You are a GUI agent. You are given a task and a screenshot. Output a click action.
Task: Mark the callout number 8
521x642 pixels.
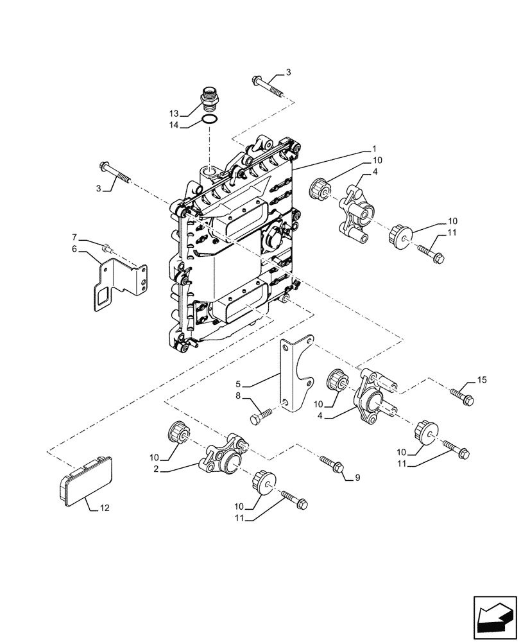[x=238, y=397]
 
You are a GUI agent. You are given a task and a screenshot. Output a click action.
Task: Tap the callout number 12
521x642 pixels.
[x=103, y=508]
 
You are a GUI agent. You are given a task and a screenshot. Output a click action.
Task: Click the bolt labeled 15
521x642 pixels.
[x=463, y=396]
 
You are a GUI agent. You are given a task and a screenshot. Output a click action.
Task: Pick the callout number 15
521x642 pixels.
[x=482, y=381]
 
